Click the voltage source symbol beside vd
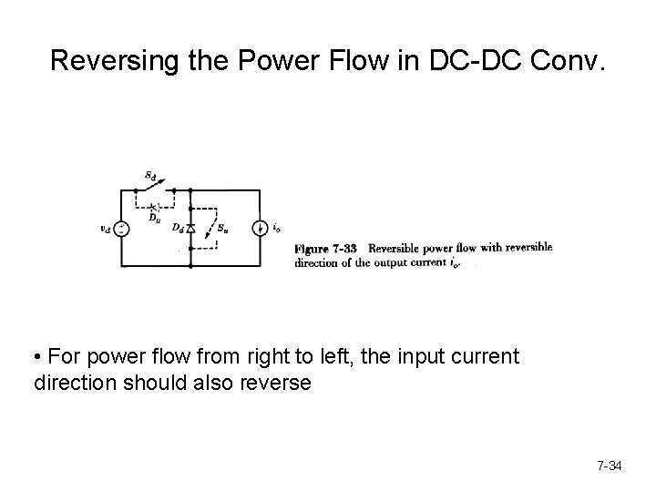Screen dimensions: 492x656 (x=122, y=228)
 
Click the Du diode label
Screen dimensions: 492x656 (x=155, y=218)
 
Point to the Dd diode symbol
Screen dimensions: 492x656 (x=190, y=228)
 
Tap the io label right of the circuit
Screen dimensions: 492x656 (x=276, y=228)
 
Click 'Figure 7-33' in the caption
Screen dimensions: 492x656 (x=326, y=248)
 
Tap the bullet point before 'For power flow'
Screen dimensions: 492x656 (x=37, y=356)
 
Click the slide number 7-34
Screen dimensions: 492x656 (x=609, y=466)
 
